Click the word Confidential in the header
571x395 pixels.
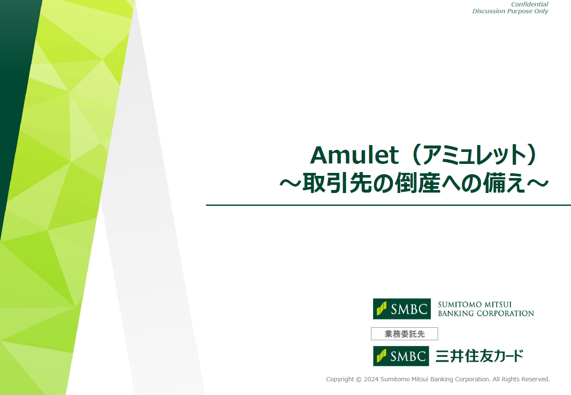530,4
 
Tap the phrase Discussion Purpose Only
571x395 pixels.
510,11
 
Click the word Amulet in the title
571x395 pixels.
354,155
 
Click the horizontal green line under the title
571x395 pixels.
388,205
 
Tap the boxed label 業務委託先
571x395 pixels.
404,334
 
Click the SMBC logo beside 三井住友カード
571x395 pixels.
401,356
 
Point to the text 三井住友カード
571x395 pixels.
479,356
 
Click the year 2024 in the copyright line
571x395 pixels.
371,379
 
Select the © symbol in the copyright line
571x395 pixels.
359,379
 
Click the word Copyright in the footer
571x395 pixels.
340,379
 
